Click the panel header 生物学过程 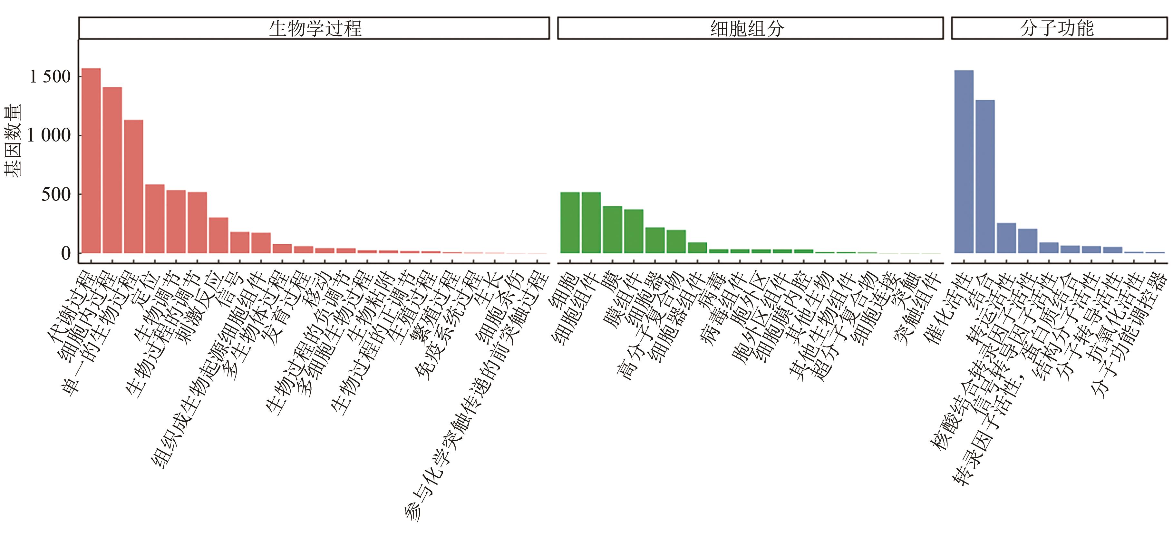[314, 28]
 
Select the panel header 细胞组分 [750, 28]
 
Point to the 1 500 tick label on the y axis [50, 76]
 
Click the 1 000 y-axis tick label [49, 135]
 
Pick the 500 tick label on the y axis [56, 194]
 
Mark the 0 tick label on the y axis [65, 253]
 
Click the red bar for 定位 [155, 219]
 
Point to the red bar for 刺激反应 [218, 235]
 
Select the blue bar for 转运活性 [1006, 238]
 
